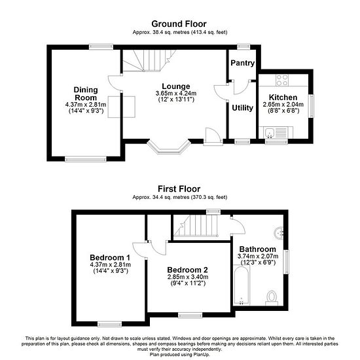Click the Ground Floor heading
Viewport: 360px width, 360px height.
click(x=179, y=24)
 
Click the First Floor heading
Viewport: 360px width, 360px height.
click(x=179, y=189)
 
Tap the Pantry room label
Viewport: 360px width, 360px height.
click(x=242, y=63)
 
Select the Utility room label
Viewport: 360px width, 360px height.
click(x=242, y=108)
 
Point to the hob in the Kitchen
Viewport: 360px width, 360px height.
click(x=282, y=81)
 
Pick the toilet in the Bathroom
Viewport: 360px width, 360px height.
click(x=272, y=298)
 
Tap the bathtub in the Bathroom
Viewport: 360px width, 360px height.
click(x=242, y=285)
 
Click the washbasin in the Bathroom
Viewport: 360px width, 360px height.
click(x=279, y=233)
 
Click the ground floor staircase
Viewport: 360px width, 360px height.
click(x=149, y=61)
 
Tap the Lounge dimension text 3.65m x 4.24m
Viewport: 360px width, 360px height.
click(x=176, y=94)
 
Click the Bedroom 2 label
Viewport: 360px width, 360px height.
click(x=188, y=270)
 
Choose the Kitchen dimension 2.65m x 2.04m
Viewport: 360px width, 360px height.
click(x=283, y=105)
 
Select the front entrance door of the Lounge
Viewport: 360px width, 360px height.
click(x=213, y=136)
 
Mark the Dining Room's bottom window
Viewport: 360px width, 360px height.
click(x=86, y=159)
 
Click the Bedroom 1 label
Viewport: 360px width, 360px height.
click(x=110, y=257)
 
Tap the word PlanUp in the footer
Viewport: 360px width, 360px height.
click(x=200, y=355)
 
